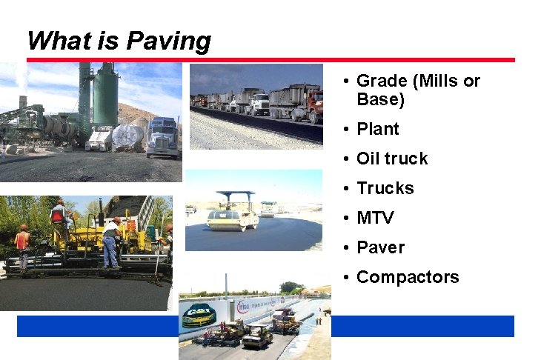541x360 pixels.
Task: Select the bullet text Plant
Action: pos(377,129)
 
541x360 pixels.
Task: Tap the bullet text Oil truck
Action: pos(392,159)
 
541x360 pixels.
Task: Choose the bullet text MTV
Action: pos(375,218)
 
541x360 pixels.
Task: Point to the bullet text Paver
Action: pos(380,247)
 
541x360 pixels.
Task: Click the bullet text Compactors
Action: pos(408,277)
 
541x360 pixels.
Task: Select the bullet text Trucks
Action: pos(385,188)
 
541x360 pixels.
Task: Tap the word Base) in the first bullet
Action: pos(380,99)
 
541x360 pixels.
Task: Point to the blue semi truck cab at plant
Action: pos(162,137)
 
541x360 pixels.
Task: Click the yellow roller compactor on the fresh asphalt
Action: pos(232,216)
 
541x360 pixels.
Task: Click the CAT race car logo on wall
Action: pos(199,314)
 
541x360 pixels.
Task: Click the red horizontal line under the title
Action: pos(270,60)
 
